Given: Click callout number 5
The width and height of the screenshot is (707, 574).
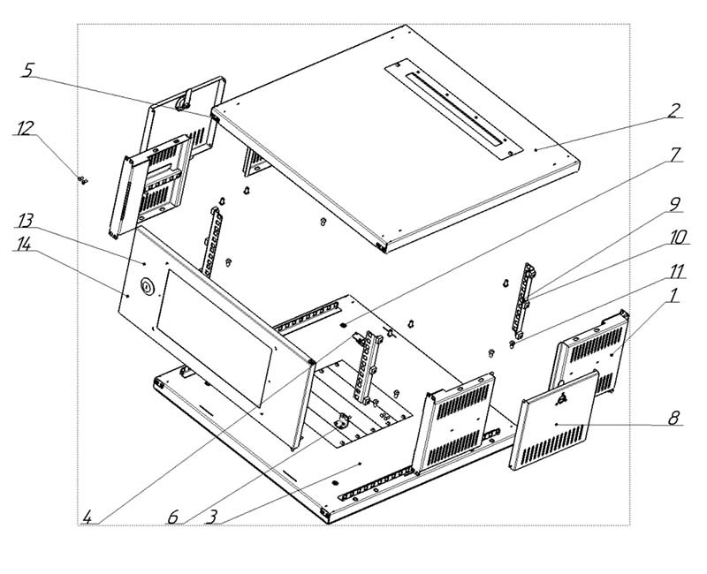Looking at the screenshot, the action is point(28,71).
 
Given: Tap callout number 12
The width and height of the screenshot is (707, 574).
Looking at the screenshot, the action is point(25,128).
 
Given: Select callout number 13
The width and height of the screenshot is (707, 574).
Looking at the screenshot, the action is point(26,221).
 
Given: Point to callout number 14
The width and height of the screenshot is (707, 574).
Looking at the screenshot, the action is point(23,245).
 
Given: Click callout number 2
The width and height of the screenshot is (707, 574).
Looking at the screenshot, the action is point(673,110).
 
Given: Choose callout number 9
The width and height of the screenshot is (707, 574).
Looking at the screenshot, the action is point(673,204).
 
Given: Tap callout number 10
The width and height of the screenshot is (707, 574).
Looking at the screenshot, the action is point(677,238).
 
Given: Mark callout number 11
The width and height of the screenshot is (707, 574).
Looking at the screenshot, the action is point(676,272).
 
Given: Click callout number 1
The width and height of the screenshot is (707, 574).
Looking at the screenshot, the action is point(673,297).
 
